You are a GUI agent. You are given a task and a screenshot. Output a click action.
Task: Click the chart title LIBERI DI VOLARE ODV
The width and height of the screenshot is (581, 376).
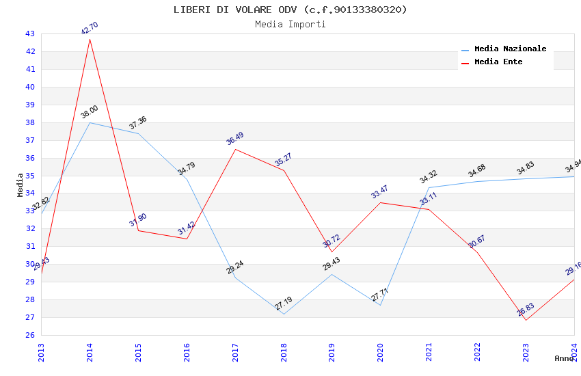pos(290,10)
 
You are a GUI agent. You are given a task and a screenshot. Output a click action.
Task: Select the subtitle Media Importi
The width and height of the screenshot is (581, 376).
pos(290,25)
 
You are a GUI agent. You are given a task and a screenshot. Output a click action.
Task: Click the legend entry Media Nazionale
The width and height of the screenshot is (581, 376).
pos(510,49)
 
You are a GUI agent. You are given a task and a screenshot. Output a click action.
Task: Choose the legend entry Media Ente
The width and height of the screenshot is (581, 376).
pos(498,62)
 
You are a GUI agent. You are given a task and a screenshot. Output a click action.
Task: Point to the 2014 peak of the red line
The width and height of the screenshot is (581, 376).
pos(90,39)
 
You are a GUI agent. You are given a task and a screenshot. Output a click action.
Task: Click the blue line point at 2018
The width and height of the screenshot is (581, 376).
pos(284,314)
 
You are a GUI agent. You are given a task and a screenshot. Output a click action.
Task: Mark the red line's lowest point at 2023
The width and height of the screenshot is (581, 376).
pos(526,320)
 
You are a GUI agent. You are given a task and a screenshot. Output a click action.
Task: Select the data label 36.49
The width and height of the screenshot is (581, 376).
pos(235,139)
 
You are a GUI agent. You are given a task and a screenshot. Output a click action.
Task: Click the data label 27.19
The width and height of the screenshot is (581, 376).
pos(284,304)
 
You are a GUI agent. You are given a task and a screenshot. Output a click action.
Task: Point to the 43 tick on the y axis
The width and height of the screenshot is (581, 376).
pos(30,33)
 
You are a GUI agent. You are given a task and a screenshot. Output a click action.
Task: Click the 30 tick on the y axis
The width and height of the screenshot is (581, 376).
pos(30,264)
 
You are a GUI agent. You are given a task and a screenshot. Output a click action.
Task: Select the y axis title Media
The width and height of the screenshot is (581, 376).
pos(21,185)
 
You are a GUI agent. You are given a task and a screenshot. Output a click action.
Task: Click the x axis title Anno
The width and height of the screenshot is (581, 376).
pos(564,358)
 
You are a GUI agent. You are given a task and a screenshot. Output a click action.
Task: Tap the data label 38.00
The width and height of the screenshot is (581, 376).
pos(90,112)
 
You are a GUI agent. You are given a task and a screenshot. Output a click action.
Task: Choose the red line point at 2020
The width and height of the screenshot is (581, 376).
pos(380,202)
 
